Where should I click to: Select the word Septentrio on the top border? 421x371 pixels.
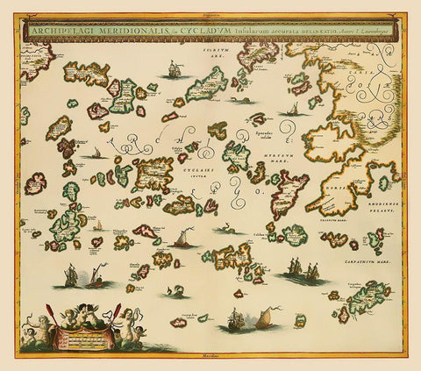click(x=210, y=15)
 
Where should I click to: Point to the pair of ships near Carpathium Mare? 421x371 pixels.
click(x=304, y=270)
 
